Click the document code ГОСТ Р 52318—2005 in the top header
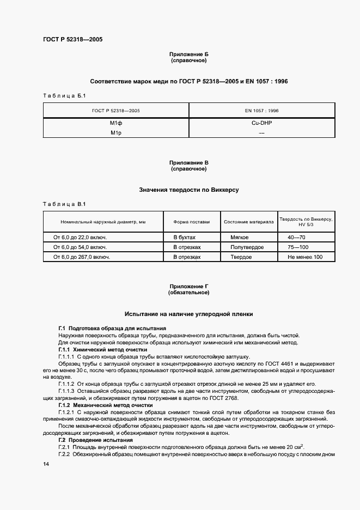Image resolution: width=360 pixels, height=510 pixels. coord(72,40)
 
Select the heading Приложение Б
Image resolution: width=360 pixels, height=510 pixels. coord(189,54)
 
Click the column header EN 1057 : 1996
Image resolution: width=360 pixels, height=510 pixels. coord(262,110)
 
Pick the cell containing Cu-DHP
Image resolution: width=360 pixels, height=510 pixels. coord(262,123)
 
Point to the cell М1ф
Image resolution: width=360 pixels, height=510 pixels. coord(115,123)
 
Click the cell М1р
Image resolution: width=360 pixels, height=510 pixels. coord(115,132)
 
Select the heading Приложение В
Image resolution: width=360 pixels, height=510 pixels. coord(189,163)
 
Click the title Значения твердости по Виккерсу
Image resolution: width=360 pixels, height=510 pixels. coord(189,190)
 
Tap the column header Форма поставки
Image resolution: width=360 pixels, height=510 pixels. coord(191,222)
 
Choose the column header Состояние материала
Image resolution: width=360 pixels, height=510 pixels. coord(248,222)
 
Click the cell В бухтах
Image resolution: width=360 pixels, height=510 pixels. coord(184,238)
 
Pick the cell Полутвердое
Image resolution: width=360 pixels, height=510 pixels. coord(247,247)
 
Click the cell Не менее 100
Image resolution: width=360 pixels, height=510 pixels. coord(305,257)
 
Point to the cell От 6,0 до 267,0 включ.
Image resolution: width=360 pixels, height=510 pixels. coord(82,257)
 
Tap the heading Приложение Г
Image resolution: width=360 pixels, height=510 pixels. coord(189,286)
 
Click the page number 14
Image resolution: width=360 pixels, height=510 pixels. coord(46,464)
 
